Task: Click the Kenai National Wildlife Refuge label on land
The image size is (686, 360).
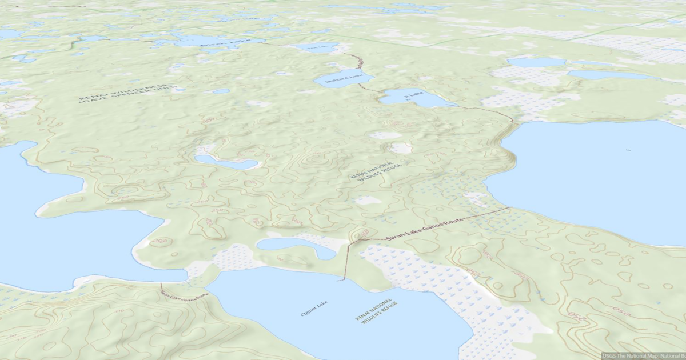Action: [x=376, y=170]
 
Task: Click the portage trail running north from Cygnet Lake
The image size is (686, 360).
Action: [x=346, y=260]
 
